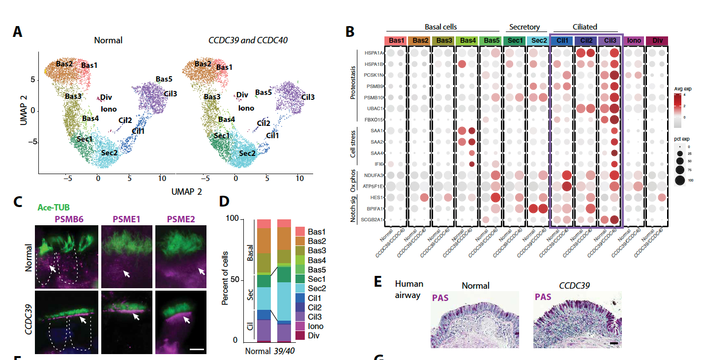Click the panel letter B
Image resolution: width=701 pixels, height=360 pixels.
pyautogui.click(x=350, y=32)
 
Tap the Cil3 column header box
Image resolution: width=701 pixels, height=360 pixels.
pyautogui.click(x=610, y=40)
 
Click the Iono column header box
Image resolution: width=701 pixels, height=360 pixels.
pyautogui.click(x=634, y=40)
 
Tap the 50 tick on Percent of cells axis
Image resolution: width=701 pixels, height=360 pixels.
pyautogui.click(x=235, y=280)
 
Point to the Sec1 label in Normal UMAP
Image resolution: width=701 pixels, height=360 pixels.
pyautogui.click(x=85, y=139)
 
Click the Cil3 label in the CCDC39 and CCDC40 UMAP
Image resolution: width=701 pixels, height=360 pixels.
pyautogui.click(x=308, y=97)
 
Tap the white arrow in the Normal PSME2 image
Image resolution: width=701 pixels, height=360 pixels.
pyautogui.click(x=201, y=271)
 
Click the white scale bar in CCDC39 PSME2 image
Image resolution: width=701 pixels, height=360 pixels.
pyautogui.click(x=197, y=350)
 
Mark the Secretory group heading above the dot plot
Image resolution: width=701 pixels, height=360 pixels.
pyautogui.click(x=525, y=27)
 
